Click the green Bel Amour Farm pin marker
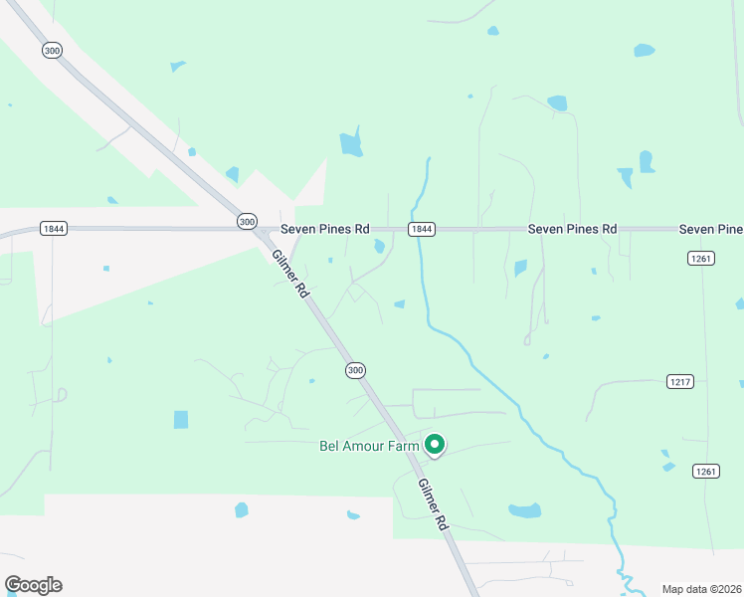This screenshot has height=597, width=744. (434, 445)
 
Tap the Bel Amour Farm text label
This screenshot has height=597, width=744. (369, 447)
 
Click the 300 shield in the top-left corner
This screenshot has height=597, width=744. (52, 49)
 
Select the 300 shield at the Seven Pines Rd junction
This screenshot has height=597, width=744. (248, 221)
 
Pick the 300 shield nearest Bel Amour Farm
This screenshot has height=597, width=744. (355, 370)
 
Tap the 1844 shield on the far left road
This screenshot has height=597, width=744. (54, 229)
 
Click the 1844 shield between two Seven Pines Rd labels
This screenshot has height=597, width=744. (421, 229)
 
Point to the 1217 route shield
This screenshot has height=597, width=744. (679, 382)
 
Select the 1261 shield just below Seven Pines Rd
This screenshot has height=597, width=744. (699, 259)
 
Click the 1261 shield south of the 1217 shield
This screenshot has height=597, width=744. (705, 471)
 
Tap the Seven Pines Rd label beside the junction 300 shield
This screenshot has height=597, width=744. (324, 229)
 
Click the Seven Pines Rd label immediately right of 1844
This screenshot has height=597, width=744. (572, 229)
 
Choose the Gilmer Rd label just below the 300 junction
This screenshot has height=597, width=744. (290, 275)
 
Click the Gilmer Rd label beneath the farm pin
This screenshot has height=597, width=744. (434, 506)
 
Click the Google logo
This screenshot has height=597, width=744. (33, 584)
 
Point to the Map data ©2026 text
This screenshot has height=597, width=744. (701, 589)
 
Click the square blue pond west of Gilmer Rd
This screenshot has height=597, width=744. (180, 419)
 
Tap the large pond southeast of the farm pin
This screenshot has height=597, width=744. (524, 511)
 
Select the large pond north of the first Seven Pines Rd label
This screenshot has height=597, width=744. (350, 143)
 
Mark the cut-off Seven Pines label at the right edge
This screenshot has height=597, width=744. (711, 229)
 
